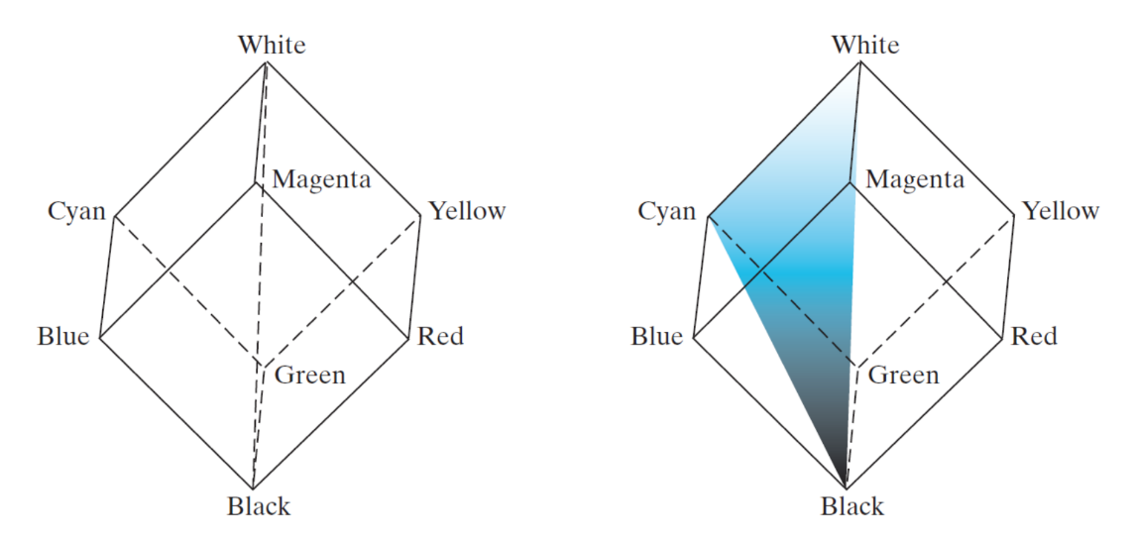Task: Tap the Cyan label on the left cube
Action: (76, 211)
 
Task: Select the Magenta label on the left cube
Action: (321, 179)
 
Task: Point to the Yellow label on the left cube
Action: (467, 210)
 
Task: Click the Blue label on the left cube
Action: (63, 336)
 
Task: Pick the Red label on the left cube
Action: (440, 336)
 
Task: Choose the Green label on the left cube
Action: (310, 375)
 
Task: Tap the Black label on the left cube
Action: (259, 506)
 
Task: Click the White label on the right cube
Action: (865, 45)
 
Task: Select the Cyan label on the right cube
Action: (667, 211)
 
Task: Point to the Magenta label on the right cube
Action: (914, 179)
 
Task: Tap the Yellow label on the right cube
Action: (1061, 210)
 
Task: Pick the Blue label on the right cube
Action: (656, 336)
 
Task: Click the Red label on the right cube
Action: (1034, 336)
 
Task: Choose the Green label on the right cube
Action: (903, 375)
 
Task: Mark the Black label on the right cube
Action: (852, 506)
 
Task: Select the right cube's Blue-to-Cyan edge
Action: (701, 276)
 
